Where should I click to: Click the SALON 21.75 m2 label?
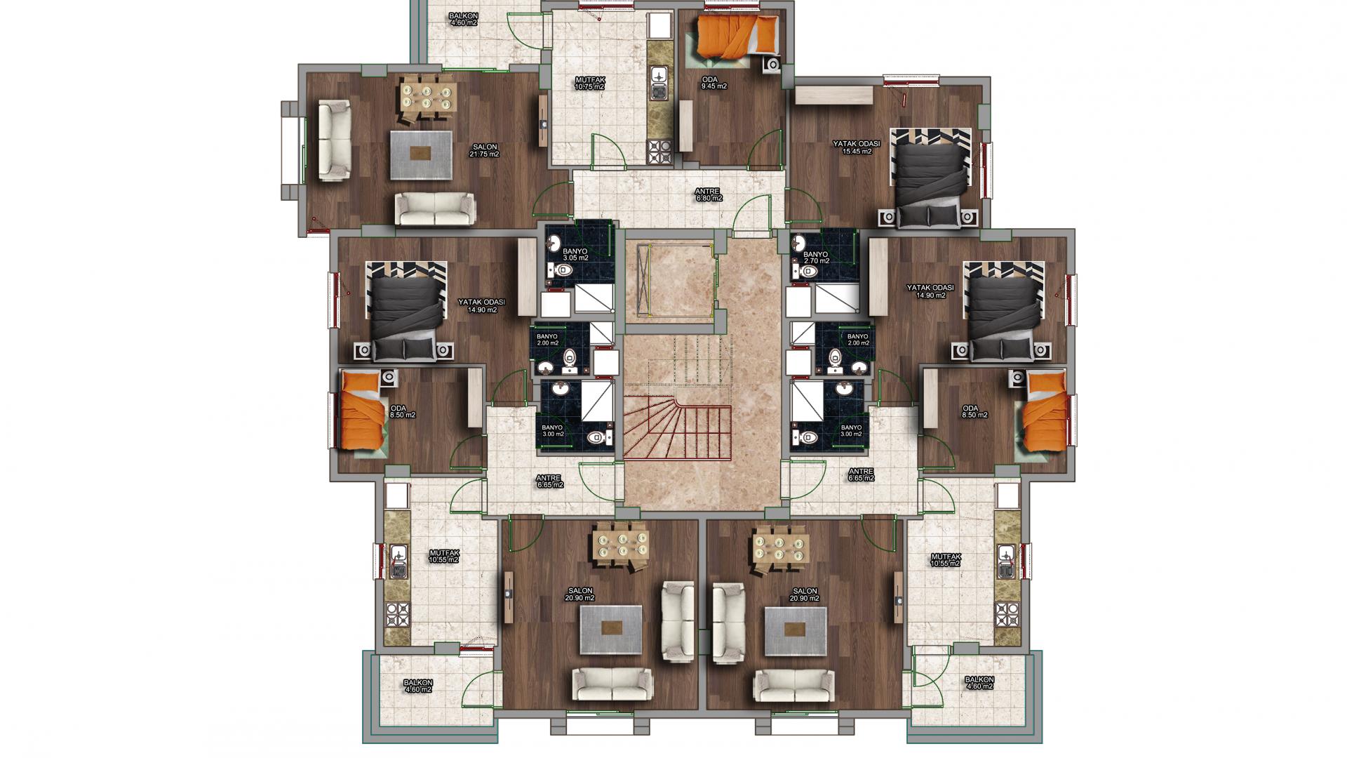(x=484, y=150)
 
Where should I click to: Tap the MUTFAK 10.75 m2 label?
(x=590, y=84)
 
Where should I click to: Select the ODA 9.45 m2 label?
(x=714, y=83)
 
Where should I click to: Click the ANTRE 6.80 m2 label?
(x=709, y=194)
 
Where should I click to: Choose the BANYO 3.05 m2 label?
(x=575, y=253)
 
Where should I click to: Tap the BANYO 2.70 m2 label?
(x=816, y=257)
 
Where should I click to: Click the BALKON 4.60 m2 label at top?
(x=463, y=19)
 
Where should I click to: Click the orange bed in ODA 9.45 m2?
(x=737, y=36)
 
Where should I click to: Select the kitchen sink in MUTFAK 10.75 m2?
(x=659, y=81)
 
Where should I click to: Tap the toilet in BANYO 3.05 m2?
(x=561, y=270)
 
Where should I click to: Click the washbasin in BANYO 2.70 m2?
(x=800, y=244)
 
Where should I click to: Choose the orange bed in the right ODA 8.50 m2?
(x=1045, y=414)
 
